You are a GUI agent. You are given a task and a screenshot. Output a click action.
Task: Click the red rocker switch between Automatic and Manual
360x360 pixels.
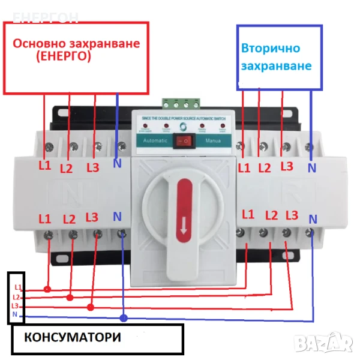(x=184, y=142)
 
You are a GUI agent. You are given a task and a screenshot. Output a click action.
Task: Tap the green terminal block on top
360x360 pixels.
(x=180, y=103)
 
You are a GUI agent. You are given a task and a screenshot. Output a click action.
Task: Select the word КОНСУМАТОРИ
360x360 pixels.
(x=73, y=337)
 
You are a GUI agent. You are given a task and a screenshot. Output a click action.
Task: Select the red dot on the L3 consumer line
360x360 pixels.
(x=91, y=307)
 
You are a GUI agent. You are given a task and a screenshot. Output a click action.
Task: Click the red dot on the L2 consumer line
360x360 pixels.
(x=70, y=297)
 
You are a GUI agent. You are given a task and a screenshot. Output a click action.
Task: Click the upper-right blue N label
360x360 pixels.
(x=312, y=168)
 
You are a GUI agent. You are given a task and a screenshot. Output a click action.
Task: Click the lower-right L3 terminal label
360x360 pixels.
(x=292, y=215)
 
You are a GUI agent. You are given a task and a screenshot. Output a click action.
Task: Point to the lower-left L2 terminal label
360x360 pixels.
(x=69, y=220)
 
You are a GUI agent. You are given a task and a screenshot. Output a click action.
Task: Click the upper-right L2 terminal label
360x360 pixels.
(x=265, y=168)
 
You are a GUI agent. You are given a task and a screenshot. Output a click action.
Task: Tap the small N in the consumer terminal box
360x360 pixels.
(x=16, y=314)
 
